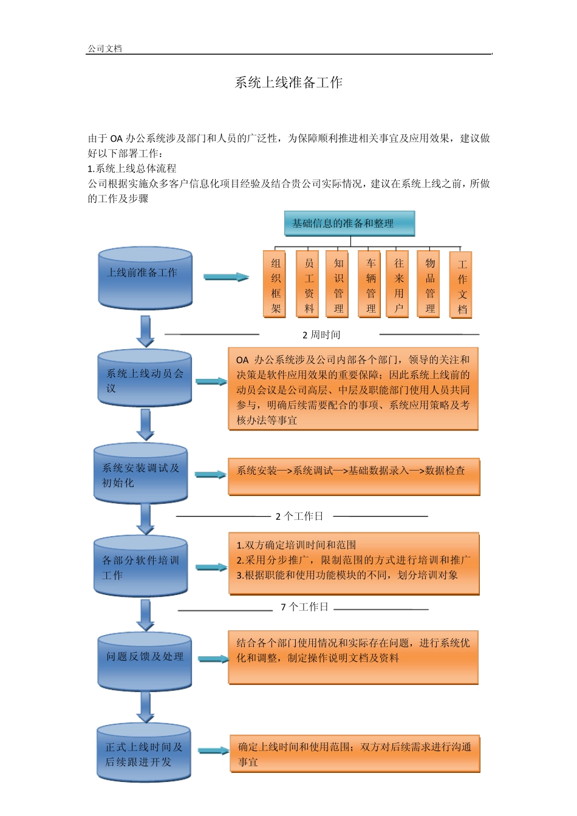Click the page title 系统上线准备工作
coord(288,83)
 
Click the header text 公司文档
coord(104,49)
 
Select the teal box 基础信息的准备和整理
coord(349,223)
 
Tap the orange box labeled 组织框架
coord(276,284)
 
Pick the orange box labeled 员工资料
coord(309,284)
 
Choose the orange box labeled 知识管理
coord(338,284)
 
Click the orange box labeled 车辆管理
coord(370,284)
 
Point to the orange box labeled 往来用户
coord(398,284)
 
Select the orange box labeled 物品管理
coord(430,284)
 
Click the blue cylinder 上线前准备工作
coord(145,278)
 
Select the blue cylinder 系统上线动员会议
coord(145,378)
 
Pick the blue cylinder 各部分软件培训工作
coord(140,566)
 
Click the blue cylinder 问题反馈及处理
coord(145,661)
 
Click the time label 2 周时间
coord(321,335)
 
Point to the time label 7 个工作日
coord(304,607)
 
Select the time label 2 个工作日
coord(299,517)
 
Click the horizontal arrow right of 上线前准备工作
coord(226,277)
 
